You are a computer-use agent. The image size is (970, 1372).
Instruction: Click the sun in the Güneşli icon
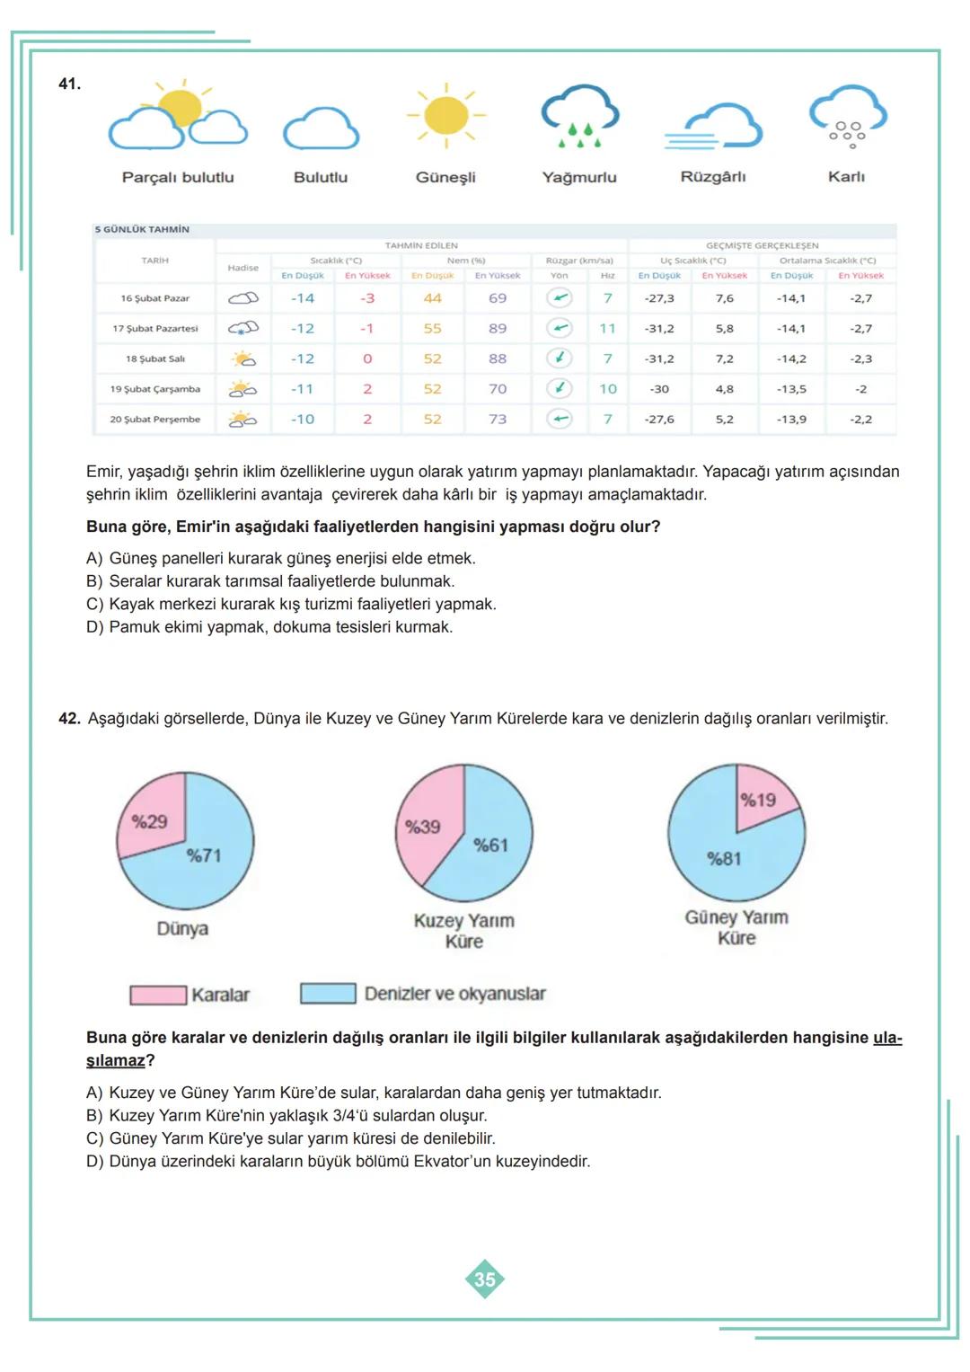445,116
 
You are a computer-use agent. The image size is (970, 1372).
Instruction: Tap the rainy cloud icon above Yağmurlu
579,115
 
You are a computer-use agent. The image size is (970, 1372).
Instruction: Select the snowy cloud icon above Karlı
847,116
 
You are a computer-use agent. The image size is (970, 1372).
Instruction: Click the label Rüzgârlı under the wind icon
713,177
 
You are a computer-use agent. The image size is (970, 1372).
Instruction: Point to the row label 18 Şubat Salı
155,358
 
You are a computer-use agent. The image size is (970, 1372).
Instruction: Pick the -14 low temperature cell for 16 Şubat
303,298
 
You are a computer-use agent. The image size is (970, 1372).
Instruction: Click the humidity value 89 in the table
498,329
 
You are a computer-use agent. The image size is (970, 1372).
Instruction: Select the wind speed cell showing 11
608,329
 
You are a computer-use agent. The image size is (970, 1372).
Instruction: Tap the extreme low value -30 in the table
659,389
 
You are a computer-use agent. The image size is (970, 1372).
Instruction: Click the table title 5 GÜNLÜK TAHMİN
142,229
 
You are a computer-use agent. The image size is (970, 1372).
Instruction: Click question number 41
69,84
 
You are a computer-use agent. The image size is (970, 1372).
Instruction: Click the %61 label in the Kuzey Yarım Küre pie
490,845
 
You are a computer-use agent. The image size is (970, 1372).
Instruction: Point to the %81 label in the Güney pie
724,858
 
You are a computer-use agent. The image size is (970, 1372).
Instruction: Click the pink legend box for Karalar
158,995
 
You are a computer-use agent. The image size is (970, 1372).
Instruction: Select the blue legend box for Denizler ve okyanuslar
328,994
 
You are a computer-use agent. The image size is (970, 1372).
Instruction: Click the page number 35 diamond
484,1279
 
